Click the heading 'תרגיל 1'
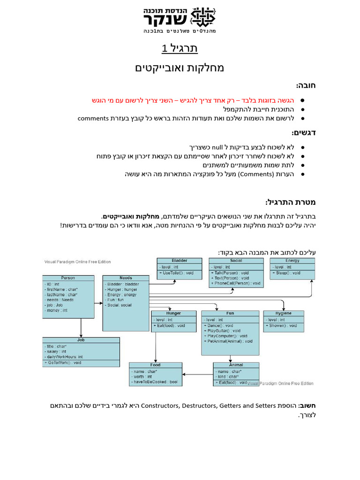click(x=180, y=48)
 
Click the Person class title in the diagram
click(x=68, y=278)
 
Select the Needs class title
click(x=126, y=278)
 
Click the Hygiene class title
click(x=284, y=313)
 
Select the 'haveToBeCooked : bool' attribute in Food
click(x=155, y=382)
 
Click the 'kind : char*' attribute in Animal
click(x=228, y=376)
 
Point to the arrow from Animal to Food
click(x=197, y=374)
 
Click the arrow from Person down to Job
click(x=81, y=327)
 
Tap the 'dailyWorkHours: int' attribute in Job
click(x=65, y=357)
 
